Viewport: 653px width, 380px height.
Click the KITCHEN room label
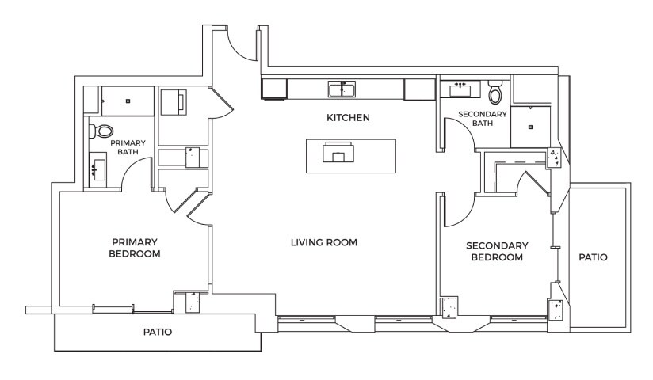(348, 118)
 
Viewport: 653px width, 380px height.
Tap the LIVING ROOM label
(324, 242)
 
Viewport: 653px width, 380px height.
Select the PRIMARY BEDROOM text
(135, 248)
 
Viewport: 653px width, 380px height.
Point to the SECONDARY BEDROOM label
(497, 252)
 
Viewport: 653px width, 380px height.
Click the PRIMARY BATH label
(128, 147)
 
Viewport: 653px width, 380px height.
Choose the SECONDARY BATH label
(483, 119)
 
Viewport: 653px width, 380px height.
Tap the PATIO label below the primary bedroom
(158, 332)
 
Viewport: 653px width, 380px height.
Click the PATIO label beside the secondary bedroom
(593, 257)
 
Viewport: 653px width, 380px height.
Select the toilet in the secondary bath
(495, 92)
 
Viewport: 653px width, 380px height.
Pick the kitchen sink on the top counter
(342, 89)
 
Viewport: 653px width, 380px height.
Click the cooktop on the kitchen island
(338, 152)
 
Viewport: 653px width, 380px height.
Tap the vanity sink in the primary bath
(97, 169)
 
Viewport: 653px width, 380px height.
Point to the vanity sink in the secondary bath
(460, 89)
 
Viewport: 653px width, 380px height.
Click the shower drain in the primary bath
(128, 101)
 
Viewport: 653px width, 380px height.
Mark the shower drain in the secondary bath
(530, 127)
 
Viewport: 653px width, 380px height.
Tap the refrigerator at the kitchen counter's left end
(274, 89)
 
